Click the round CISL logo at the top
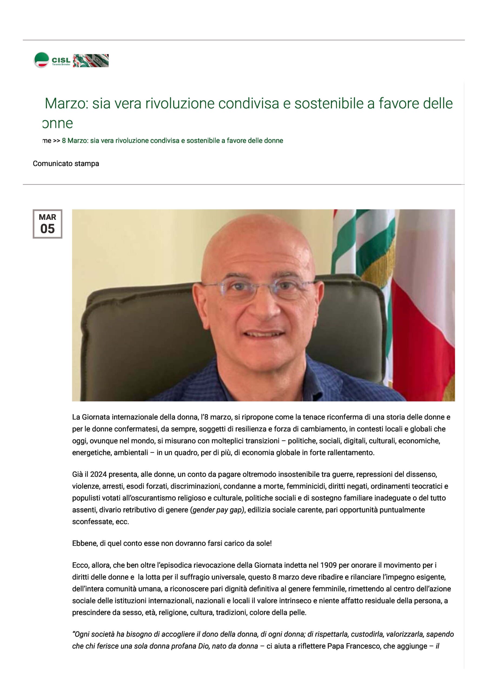[x=41, y=60]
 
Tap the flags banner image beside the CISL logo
[x=91, y=60]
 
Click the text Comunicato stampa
[x=66, y=164]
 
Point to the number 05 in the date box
[x=47, y=229]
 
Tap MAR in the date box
[x=47, y=217]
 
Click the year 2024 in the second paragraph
[x=99, y=474]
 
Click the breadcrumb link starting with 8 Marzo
[x=172, y=141]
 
